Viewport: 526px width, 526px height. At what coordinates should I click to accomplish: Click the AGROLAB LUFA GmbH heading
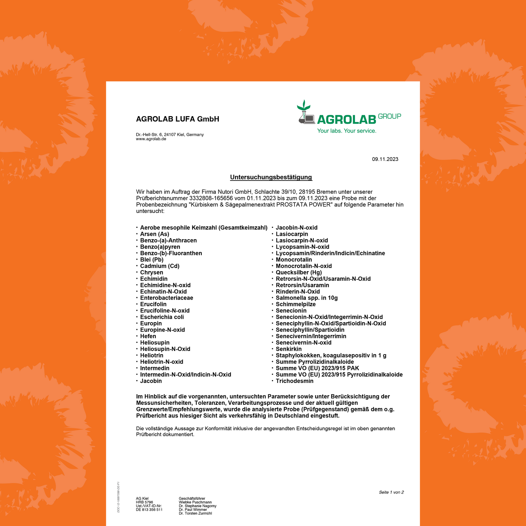point(177,119)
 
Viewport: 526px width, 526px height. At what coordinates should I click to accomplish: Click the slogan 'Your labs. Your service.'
point(347,131)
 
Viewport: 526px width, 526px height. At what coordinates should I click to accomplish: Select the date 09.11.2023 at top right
point(385,159)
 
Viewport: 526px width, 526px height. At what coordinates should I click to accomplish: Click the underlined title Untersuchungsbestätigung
point(271,177)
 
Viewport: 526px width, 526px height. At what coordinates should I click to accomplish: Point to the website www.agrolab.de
point(151,139)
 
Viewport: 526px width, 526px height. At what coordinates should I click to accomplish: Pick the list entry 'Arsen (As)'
point(154,234)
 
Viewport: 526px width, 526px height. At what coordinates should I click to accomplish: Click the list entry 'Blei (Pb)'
point(151,260)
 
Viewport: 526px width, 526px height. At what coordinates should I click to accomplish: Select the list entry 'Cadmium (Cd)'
point(159,266)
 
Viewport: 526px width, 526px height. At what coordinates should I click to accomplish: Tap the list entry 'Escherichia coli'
point(162,317)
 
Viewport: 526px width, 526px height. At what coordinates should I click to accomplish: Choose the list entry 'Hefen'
point(148,336)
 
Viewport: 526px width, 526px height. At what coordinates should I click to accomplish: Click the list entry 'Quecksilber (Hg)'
point(298,272)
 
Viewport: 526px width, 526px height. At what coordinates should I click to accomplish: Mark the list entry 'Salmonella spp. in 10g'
point(306,298)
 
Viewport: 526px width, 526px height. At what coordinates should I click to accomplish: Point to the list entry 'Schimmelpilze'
point(296,304)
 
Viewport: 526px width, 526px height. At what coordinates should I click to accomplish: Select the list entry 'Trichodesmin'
point(294,381)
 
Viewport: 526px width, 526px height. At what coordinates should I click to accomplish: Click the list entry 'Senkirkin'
point(288,349)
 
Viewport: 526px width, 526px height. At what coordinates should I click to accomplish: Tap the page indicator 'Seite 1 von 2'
point(391,493)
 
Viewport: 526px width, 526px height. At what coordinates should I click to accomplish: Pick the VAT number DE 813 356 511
point(149,510)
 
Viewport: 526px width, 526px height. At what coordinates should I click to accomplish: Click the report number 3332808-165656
point(211,198)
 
